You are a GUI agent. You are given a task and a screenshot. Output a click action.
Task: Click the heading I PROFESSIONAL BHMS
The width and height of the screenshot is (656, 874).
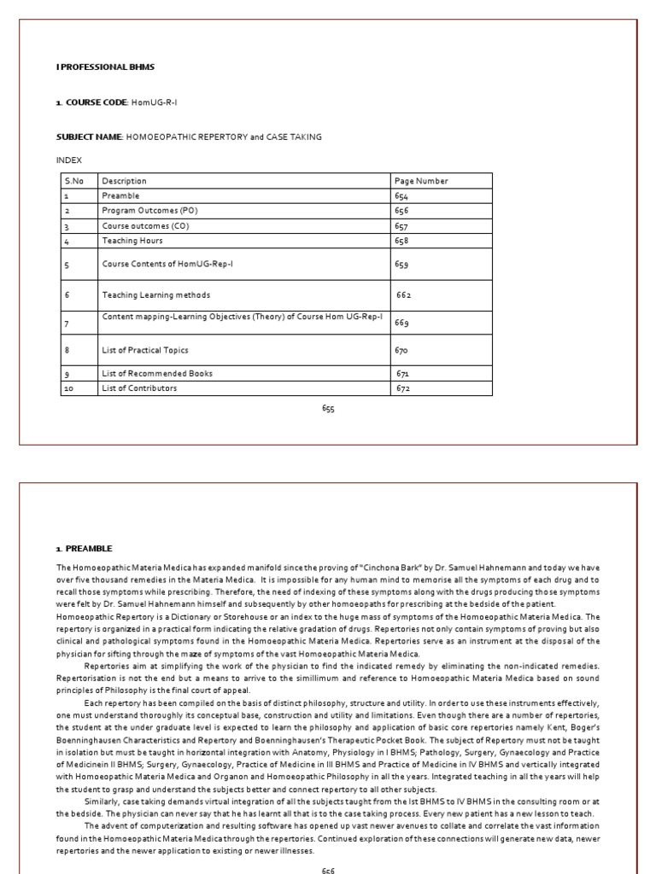click(x=93, y=67)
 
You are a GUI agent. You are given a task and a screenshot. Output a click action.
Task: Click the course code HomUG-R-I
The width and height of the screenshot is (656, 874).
click(x=155, y=102)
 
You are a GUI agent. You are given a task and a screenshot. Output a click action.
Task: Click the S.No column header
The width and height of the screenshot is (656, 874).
click(x=73, y=181)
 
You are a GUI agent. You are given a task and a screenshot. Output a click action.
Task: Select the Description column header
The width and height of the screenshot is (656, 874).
click(x=125, y=181)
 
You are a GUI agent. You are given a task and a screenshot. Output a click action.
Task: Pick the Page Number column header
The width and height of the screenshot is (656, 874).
click(x=421, y=181)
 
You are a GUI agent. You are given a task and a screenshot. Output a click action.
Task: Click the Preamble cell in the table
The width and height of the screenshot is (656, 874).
click(x=120, y=195)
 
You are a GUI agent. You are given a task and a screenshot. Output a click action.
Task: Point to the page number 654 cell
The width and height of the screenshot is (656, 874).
click(x=401, y=195)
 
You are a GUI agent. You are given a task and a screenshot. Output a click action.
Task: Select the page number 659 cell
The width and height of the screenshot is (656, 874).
click(x=401, y=265)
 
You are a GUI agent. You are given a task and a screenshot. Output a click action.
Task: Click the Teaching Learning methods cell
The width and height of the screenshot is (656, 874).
click(x=155, y=295)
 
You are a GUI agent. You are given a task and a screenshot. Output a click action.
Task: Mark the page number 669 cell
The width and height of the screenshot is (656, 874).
click(x=401, y=323)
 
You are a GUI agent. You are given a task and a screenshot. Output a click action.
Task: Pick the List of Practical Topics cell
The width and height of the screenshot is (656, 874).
click(x=145, y=350)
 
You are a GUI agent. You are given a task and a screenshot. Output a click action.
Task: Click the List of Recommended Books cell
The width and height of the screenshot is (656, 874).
click(x=157, y=374)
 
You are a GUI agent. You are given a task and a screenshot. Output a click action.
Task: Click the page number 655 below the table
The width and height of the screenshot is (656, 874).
click(x=328, y=409)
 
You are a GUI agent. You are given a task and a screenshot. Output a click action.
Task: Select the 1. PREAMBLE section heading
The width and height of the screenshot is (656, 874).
click(x=84, y=548)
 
